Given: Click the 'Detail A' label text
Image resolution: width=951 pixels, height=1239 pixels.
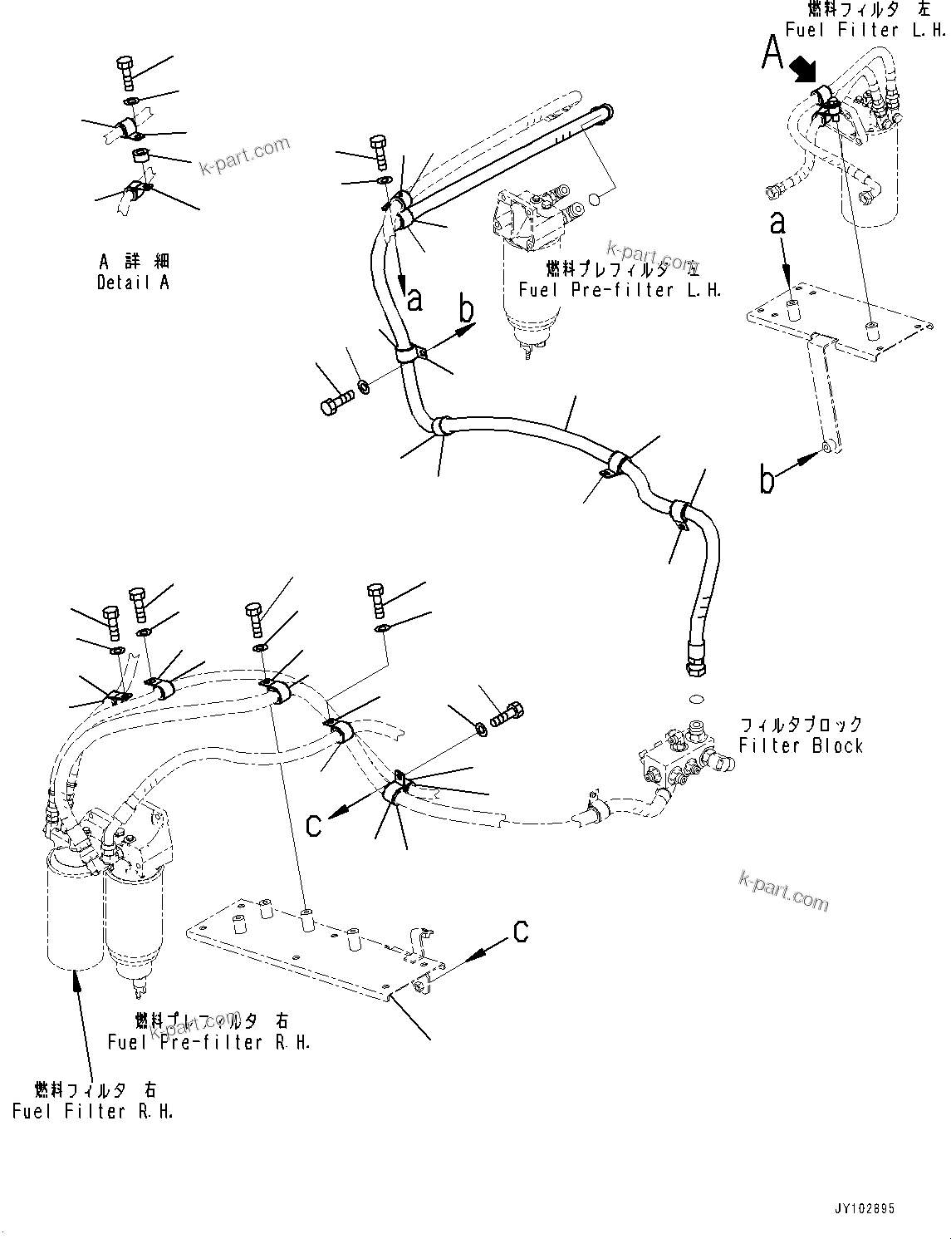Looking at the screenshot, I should click(133, 283).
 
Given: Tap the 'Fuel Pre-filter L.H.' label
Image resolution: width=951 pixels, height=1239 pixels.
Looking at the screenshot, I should click(620, 290).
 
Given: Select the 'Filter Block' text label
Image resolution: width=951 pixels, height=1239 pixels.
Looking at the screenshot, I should click(801, 745).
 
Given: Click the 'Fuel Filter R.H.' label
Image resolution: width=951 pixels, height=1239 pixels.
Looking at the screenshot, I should click(93, 1111).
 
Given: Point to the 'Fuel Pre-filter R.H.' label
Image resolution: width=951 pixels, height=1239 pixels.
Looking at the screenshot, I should click(209, 1042).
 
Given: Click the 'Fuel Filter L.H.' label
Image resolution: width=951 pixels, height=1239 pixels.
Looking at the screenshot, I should click(865, 30).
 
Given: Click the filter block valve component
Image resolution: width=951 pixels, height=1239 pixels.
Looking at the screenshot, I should click(677, 752).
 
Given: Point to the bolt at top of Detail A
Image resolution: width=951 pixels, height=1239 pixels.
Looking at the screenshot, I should click(125, 72).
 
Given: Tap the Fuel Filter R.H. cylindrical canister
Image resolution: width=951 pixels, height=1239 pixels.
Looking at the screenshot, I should click(73, 922).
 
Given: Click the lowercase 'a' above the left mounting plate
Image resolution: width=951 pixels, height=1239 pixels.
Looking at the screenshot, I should click(778, 223).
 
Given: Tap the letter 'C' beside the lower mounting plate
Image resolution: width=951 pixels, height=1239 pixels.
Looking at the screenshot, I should click(521, 932).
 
